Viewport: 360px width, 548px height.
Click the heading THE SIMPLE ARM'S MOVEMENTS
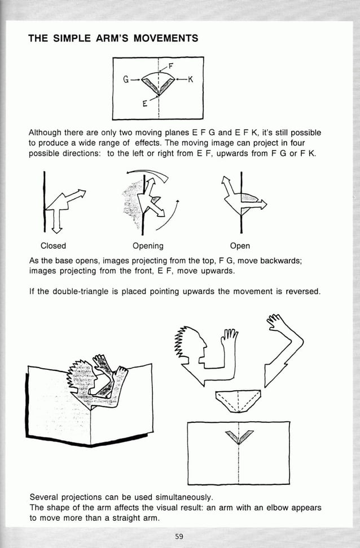(113, 38)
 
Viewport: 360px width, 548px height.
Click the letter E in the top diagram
(145, 104)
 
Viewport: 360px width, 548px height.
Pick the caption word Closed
(53, 246)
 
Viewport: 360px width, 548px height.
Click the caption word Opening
(148, 246)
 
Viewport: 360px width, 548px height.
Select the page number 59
(179, 536)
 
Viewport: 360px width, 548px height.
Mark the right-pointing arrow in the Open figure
(258, 206)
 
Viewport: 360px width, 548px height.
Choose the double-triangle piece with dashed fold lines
(238, 399)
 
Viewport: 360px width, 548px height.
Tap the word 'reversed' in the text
(302, 292)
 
